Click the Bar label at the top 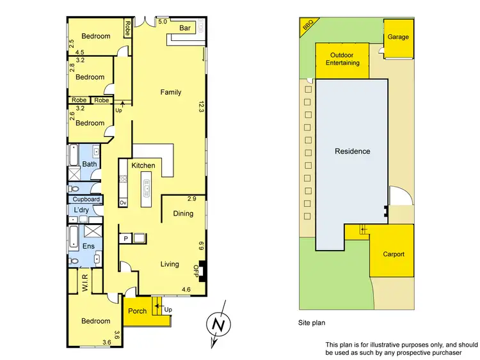[186, 28]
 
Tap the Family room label [171, 93]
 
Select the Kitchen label [143, 166]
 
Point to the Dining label [183, 214]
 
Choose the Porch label [138, 311]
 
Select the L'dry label [81, 210]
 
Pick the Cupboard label [86, 200]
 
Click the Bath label [89, 164]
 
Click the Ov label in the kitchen [123, 203]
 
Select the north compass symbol [219, 325]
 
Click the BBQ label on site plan [308, 26]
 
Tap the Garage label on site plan [398, 37]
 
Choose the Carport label [394, 254]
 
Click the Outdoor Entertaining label [343, 59]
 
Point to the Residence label [353, 152]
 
